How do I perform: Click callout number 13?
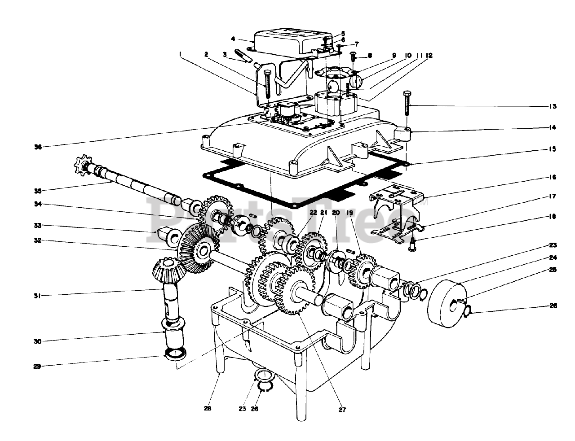pos(553,107)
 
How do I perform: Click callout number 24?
pos(553,258)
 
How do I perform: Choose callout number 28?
pos(207,409)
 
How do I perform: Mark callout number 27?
pos(343,409)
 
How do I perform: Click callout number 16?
pos(553,178)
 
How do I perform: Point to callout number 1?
pos(180,54)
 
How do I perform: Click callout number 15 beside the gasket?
pos(553,148)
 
